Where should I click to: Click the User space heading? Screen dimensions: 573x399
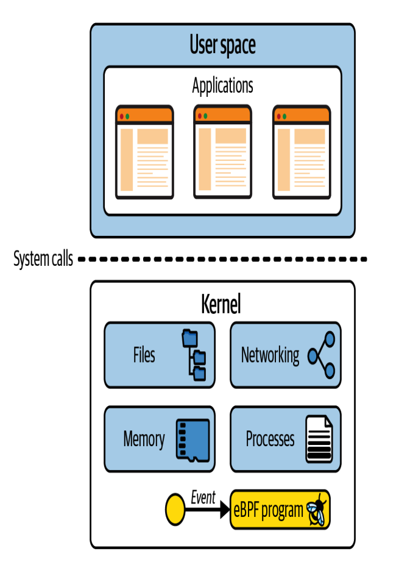[x=222, y=46]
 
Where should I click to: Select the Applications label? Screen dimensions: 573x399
[x=222, y=86]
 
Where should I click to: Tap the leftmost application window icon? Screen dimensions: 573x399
[x=144, y=152]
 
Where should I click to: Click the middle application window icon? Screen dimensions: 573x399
[x=222, y=152]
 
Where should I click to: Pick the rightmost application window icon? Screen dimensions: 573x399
[x=302, y=152]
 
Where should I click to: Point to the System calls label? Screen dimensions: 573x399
[x=43, y=259]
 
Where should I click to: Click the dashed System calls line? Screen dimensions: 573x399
[x=222, y=259]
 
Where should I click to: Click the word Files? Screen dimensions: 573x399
[x=144, y=355]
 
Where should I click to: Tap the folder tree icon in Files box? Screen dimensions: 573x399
[x=194, y=355]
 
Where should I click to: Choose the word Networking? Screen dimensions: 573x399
[x=270, y=355]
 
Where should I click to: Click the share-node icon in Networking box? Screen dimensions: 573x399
[x=322, y=355]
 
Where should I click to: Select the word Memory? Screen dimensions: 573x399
[x=144, y=439]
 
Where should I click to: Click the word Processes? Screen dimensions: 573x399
[x=270, y=439]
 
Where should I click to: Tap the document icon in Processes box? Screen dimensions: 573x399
[x=319, y=439]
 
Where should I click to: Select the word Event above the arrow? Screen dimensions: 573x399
[x=203, y=497]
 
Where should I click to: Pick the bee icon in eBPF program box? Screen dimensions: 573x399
[x=316, y=510]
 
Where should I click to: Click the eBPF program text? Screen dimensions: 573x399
[x=269, y=510]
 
